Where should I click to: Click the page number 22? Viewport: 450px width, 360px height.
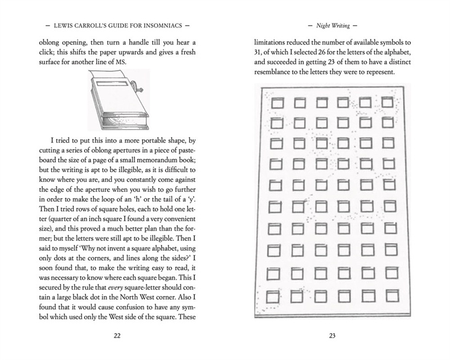117,336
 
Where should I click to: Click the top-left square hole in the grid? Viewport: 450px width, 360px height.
277,103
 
